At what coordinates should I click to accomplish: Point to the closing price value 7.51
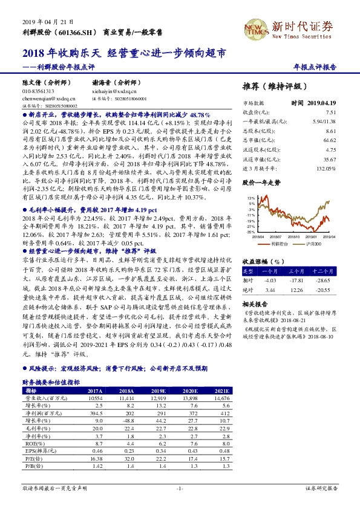point(330,112)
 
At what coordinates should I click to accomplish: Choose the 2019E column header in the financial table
point(160,392)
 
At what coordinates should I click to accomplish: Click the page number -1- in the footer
point(180,487)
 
